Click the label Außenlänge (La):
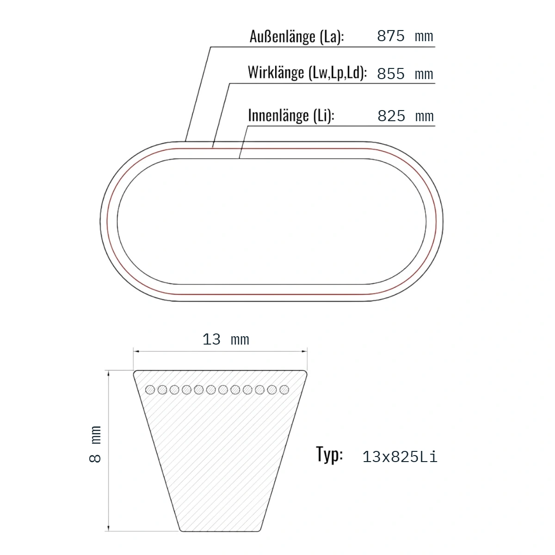[296, 37]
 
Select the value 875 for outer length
[391, 36]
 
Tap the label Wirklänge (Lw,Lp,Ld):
[307, 72]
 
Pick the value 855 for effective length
[391, 74]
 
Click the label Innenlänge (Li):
[291, 116]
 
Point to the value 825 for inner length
[391, 116]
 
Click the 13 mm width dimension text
[226, 339]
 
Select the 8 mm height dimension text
[95, 444]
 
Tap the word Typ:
[329, 455]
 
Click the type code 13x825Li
[400, 457]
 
